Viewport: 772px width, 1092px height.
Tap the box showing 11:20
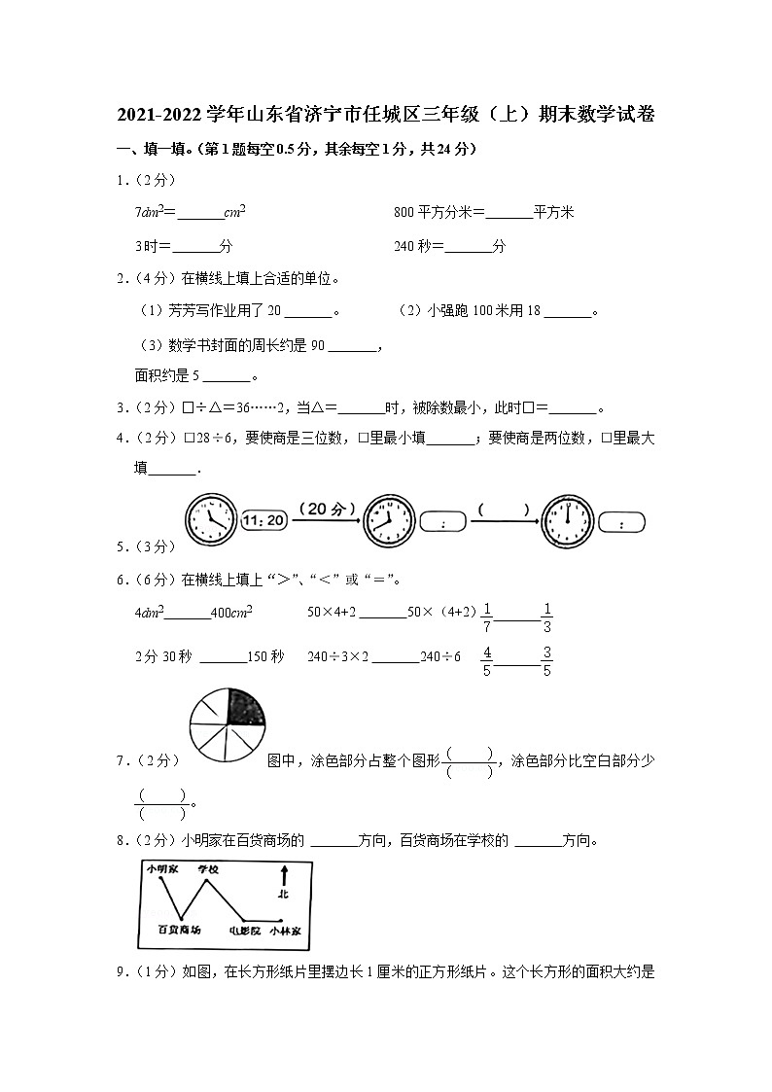point(262,520)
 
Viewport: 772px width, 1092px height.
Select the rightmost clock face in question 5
point(567,520)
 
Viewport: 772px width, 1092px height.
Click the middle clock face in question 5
point(388,520)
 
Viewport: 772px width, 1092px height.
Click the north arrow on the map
point(283,882)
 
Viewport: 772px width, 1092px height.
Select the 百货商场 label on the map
point(180,931)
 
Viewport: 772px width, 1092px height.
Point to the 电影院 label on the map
point(244,931)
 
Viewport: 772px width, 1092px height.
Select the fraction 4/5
point(487,661)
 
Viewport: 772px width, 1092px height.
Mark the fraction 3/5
point(547,661)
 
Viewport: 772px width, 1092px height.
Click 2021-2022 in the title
point(160,115)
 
